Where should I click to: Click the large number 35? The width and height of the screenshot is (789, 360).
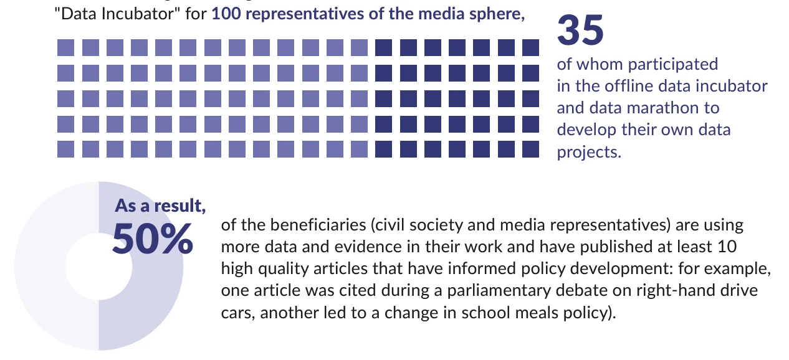(x=580, y=31)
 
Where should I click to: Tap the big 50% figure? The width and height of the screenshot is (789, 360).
(x=153, y=240)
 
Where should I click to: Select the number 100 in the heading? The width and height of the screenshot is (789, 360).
(x=226, y=15)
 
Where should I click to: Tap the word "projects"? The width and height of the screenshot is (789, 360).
(x=588, y=152)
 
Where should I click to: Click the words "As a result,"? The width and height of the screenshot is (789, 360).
(x=160, y=206)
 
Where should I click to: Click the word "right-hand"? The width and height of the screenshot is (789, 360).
(x=651, y=290)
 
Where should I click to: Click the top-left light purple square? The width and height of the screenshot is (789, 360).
(x=65, y=47)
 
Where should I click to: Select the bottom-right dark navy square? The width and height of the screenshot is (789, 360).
(x=530, y=149)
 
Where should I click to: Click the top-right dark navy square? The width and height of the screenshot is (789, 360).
(x=530, y=47)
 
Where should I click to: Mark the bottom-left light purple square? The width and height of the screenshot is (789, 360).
(x=65, y=149)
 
